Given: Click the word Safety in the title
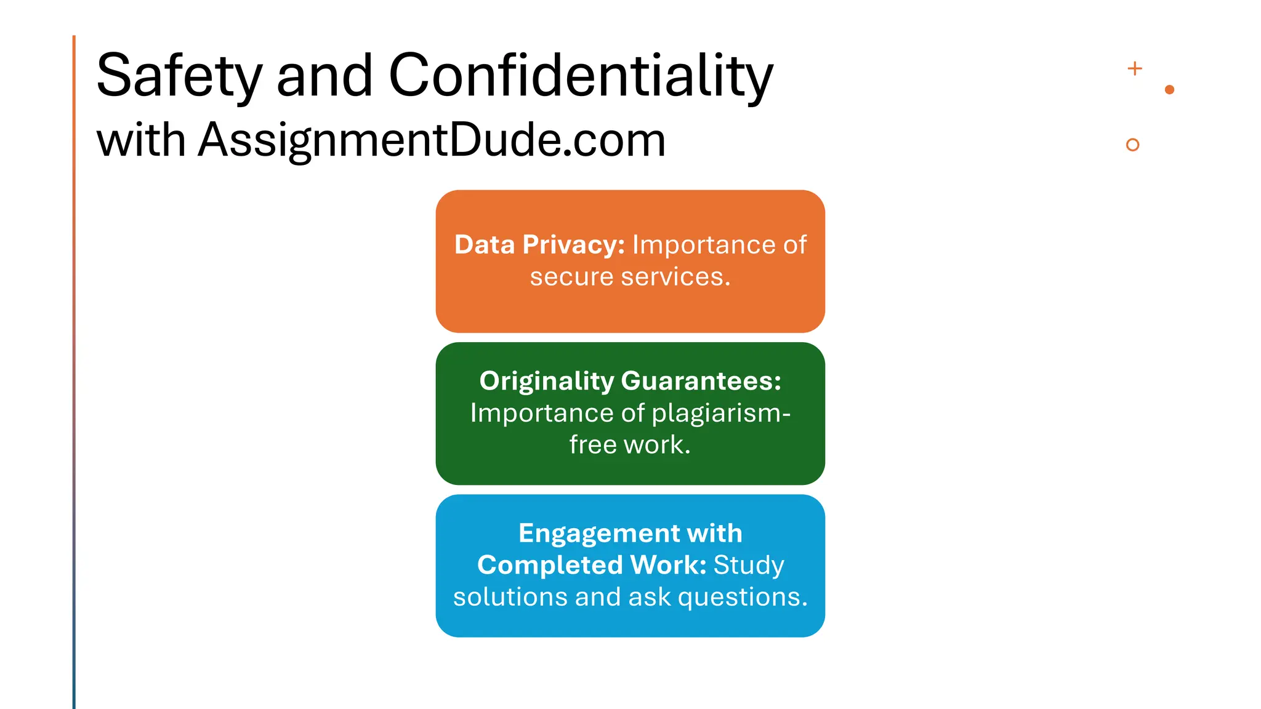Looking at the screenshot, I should tap(179, 76).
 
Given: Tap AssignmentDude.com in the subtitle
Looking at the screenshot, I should tap(432, 140).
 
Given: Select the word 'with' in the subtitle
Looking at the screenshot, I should tap(141, 140).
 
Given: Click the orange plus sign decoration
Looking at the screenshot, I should tap(1135, 68).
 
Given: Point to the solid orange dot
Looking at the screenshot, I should tap(1170, 90).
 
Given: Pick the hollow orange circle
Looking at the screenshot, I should tap(1132, 145).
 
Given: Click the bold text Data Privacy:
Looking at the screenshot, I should tap(539, 245).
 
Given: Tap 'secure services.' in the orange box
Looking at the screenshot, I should tap(630, 277).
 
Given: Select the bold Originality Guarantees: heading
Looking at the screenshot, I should tap(630, 381).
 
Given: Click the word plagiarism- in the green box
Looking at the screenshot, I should tap(721, 413).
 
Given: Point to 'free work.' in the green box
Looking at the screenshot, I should tap(630, 445).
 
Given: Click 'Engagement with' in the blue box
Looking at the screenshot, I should tap(630, 533).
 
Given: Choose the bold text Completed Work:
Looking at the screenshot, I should tap(592, 565).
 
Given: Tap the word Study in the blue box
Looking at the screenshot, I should tap(749, 565).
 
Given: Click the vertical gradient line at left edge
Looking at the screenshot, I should tap(74, 369).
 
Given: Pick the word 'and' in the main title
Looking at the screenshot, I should tap(324, 76).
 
